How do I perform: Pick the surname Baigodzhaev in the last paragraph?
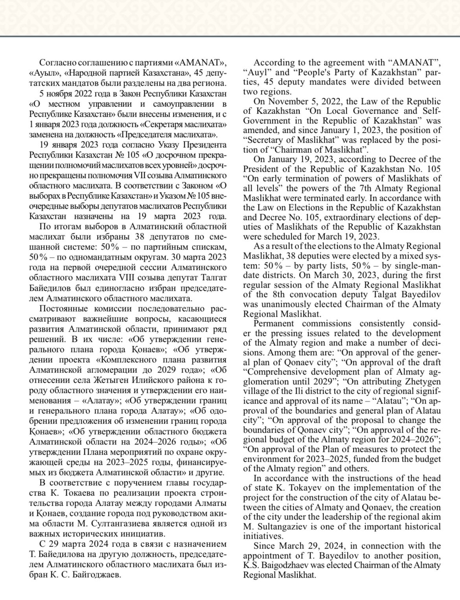click(x=271, y=565)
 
